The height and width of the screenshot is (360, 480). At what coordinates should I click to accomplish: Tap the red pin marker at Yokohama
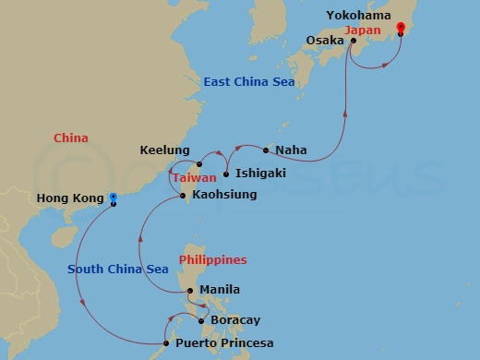[x=400, y=30]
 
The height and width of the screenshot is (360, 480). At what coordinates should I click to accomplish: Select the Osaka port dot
[x=354, y=41]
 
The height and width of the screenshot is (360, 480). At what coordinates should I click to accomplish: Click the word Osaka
[x=325, y=41]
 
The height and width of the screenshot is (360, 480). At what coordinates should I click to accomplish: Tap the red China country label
[x=71, y=138]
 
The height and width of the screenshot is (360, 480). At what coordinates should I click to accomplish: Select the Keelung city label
[x=164, y=150]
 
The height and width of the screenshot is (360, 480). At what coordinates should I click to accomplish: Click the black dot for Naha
[x=266, y=150]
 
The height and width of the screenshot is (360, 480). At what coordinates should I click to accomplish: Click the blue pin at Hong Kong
[x=114, y=198]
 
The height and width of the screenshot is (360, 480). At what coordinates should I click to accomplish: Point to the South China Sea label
[x=117, y=270]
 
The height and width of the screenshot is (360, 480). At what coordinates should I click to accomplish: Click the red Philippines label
[x=212, y=260]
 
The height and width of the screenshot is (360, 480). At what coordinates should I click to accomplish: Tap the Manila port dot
[x=190, y=292]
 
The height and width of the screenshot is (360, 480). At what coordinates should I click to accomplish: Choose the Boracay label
[x=236, y=320]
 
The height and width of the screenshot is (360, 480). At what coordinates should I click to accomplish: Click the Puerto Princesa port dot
[x=165, y=344]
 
